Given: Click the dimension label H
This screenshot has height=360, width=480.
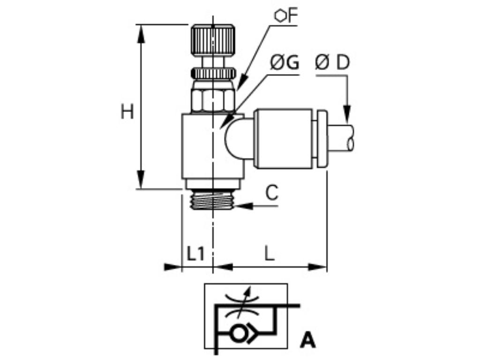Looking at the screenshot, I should coord(127,112).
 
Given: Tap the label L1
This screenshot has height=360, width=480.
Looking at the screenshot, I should coord(196,254).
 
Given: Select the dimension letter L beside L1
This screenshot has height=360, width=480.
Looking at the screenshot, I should coord(269,254).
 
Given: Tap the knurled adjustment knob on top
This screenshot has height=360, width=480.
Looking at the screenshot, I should coord(212,39).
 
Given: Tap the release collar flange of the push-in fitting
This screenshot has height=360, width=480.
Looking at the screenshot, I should coord(322,139).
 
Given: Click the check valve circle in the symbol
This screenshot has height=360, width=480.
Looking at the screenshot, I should coord(239,333).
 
